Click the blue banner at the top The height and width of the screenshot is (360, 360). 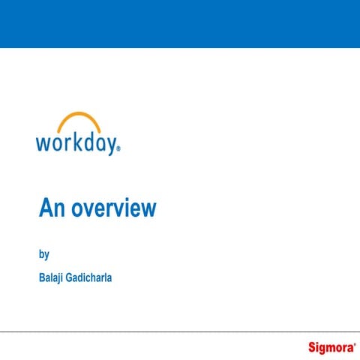pyautogui.click(x=180, y=23)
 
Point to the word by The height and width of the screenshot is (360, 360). pyautogui.click(x=43, y=254)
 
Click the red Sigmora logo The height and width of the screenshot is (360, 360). pyautogui.click(x=330, y=347)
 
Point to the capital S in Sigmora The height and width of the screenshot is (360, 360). pyautogui.click(x=312, y=346)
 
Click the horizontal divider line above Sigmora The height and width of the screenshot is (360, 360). pyautogui.click(x=180, y=331)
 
